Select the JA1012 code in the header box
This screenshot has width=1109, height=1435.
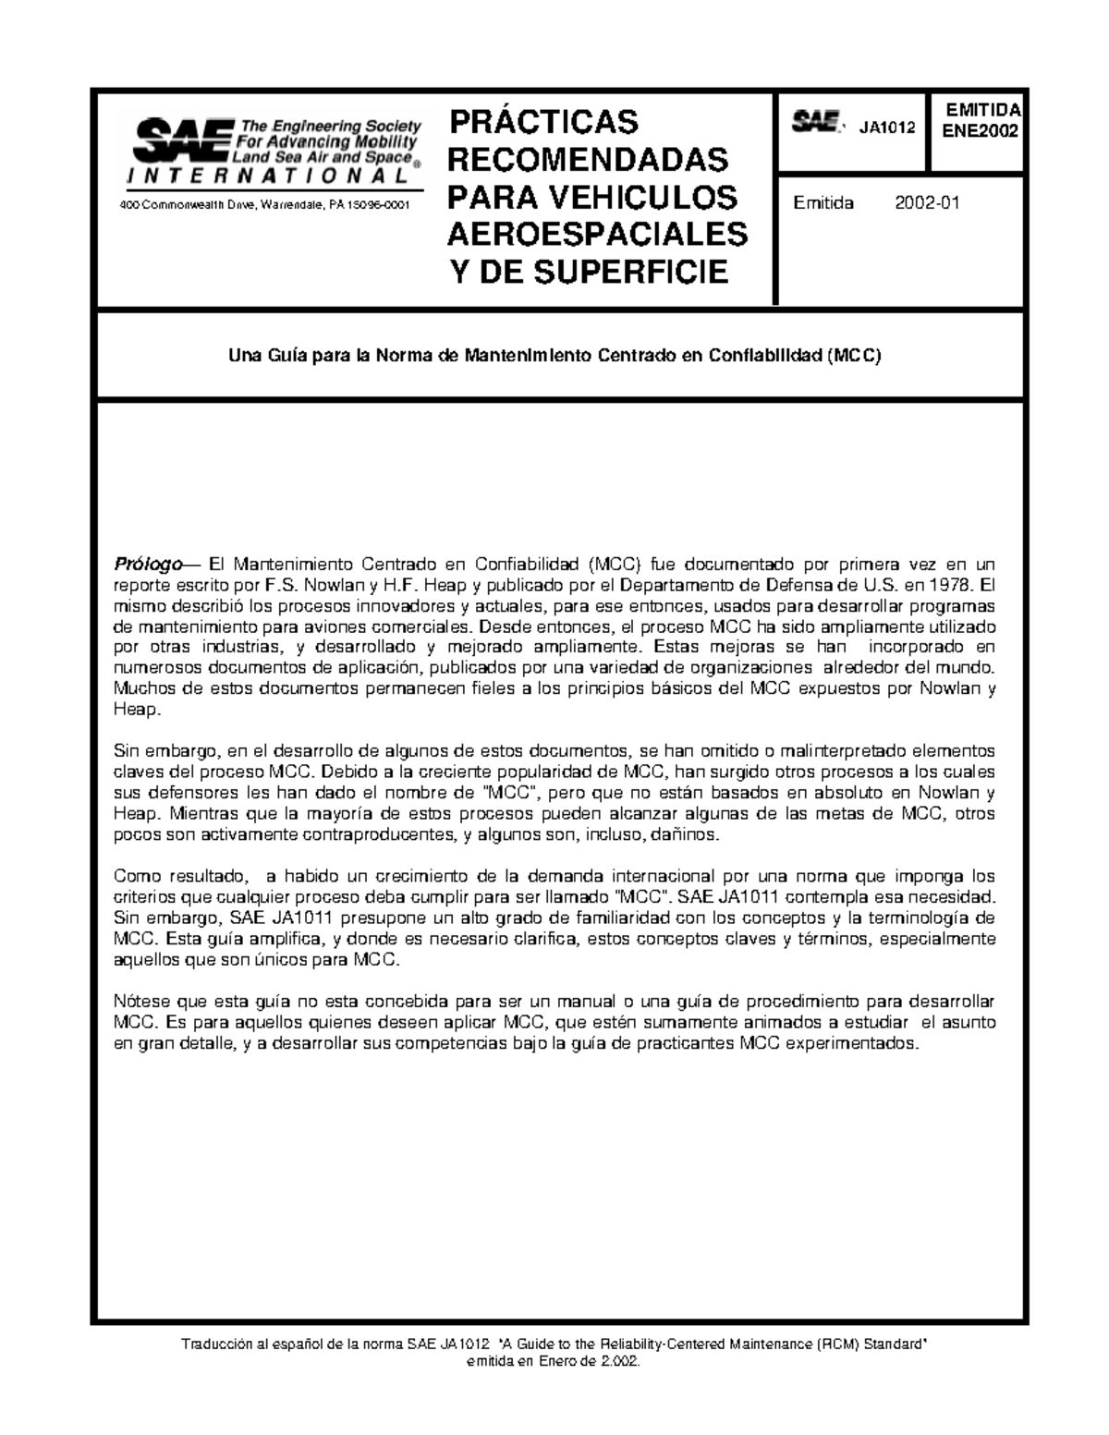pos(887,128)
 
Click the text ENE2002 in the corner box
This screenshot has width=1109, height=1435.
pos(979,131)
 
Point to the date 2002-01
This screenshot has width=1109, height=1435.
pos(927,203)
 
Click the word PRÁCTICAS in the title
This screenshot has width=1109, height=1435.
pos(542,122)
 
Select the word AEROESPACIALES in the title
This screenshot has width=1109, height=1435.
pos(597,235)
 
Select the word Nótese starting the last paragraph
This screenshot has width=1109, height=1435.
pos(138,1003)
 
